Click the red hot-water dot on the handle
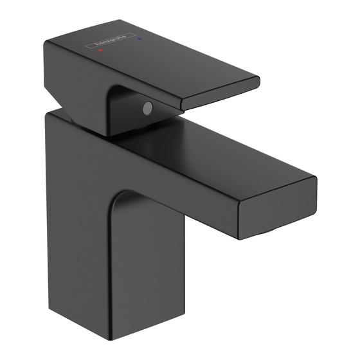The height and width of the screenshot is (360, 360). [100, 50]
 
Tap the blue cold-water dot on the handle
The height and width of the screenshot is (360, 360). [139, 39]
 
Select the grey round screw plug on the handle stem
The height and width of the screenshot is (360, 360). [148, 108]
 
